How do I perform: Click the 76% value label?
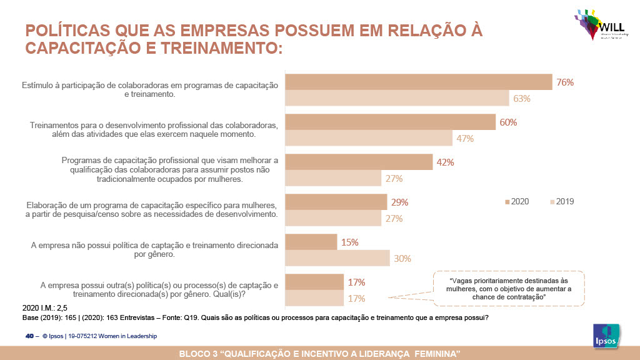[x=565, y=82]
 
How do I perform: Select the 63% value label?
[x=522, y=98]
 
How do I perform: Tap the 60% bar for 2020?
[x=391, y=122]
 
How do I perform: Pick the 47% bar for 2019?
[x=369, y=138]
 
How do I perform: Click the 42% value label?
[x=445, y=162]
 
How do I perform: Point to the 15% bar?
[x=311, y=242]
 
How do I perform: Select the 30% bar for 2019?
[x=337, y=258]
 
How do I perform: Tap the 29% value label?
[x=399, y=202]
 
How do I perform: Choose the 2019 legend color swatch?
[x=552, y=202]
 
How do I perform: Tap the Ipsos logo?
[x=605, y=338]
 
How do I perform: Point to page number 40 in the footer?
[x=29, y=336]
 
